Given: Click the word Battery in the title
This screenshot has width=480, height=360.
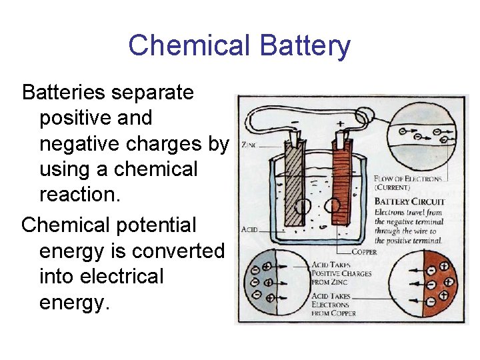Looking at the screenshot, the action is click(x=305, y=46).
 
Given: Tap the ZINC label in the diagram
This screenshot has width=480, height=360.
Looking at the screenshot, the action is click(x=249, y=145).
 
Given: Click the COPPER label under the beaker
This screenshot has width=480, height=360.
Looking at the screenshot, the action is click(x=363, y=252).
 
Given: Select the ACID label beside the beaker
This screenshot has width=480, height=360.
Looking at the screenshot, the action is click(x=249, y=229).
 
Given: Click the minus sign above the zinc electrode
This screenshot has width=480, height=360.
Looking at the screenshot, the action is click(x=294, y=124).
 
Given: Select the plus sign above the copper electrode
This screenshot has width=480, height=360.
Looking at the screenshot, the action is click(x=340, y=123).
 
